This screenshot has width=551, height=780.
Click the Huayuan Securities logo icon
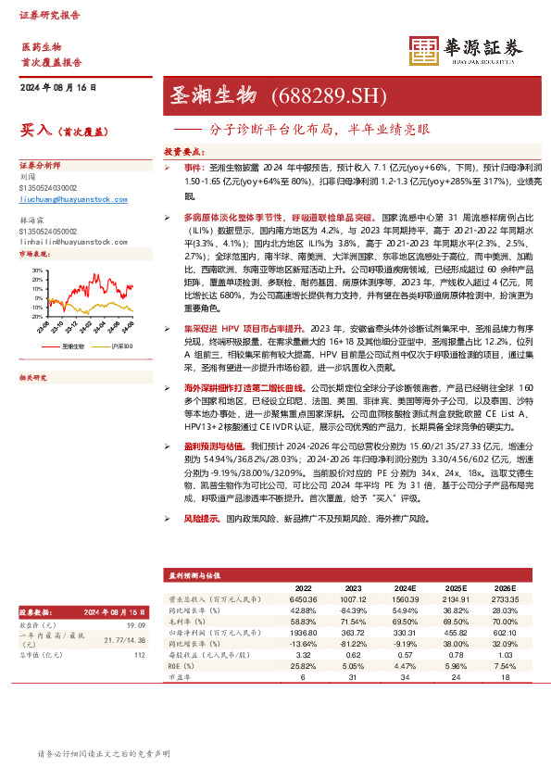coord(423,50)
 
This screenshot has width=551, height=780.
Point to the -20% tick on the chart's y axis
coord(36,316)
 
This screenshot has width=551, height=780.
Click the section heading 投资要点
coord(183,149)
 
